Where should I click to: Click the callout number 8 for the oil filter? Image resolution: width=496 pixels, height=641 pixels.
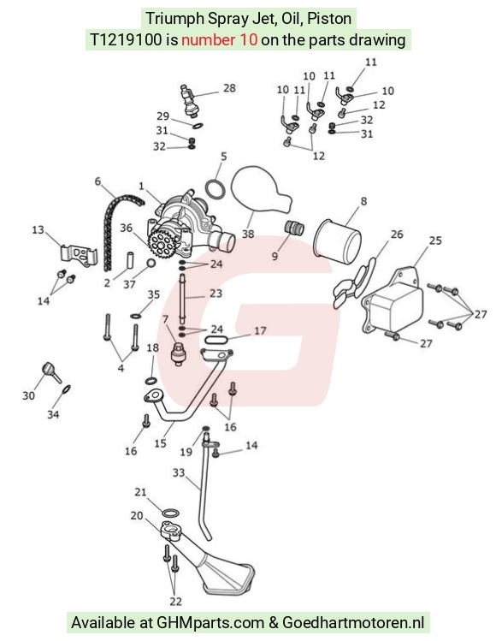point(363,201)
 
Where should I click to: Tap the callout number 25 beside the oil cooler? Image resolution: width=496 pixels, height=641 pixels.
point(435,240)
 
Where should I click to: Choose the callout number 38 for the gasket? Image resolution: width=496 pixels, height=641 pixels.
point(248,234)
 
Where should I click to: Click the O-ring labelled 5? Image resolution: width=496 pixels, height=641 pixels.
point(215,189)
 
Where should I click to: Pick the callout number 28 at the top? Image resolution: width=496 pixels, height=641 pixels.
point(229,88)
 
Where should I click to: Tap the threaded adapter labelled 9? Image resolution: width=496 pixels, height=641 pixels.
point(294,228)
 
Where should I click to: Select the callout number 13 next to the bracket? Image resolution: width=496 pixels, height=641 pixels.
point(38,229)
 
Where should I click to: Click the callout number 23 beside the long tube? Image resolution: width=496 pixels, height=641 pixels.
point(216,293)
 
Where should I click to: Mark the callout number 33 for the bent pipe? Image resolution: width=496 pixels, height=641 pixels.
point(179,473)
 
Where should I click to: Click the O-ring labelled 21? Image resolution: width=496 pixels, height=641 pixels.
point(170,513)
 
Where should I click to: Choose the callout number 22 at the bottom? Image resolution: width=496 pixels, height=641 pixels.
point(175,601)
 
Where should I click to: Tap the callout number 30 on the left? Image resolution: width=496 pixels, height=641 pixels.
point(28,395)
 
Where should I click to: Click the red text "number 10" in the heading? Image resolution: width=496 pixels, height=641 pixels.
point(220,40)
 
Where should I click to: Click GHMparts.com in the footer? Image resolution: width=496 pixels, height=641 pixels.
point(210,623)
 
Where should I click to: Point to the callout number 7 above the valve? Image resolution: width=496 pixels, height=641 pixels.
point(165,319)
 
